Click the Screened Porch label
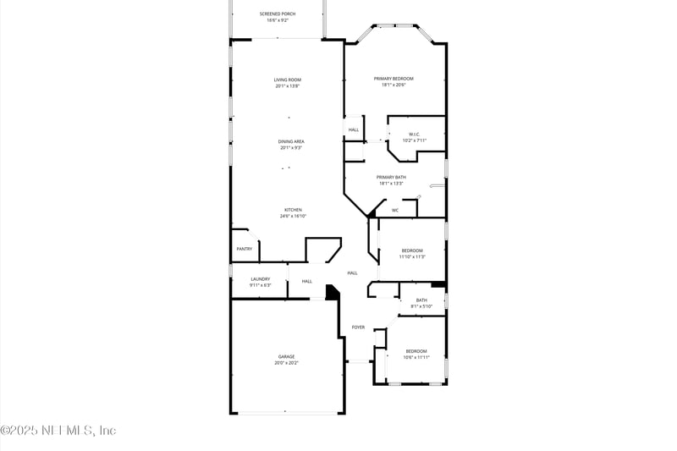pyautogui.click(x=277, y=14)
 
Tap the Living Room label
pyautogui.click(x=287, y=80)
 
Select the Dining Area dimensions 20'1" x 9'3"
pyautogui.click(x=291, y=148)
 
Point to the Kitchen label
pyautogui.click(x=293, y=210)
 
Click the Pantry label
pyautogui.click(x=244, y=249)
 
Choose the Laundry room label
pyautogui.click(x=260, y=278)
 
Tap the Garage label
pyautogui.click(x=287, y=356)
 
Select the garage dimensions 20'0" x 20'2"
pyautogui.click(x=287, y=363)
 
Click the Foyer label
pyautogui.click(x=358, y=327)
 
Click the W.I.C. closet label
pyautogui.click(x=415, y=134)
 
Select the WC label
pyautogui.click(x=394, y=210)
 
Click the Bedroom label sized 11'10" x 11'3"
pyautogui.click(x=412, y=250)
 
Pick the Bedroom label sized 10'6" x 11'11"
pyautogui.click(x=416, y=350)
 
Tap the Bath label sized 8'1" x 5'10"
pyautogui.click(x=421, y=300)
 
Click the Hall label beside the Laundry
pyautogui.click(x=306, y=281)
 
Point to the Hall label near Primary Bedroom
pyautogui.click(x=353, y=129)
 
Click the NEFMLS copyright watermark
pyautogui.click(x=58, y=431)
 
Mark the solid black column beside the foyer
pyautogui.click(x=332, y=292)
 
